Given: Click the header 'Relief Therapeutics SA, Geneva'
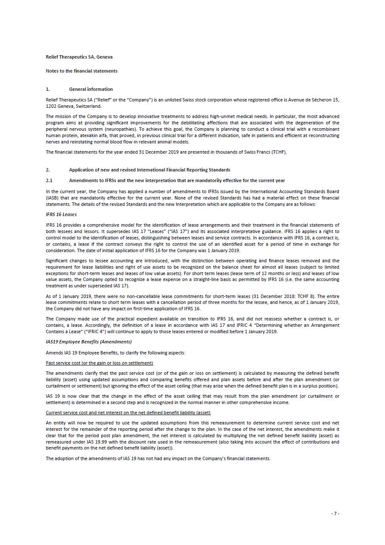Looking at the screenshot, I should tap(79, 57).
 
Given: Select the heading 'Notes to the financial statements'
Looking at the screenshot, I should tap(82, 71).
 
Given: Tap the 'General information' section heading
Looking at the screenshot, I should tap(91, 89).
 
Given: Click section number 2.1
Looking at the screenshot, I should tap(49, 180).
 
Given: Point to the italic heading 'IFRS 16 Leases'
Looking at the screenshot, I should tap(61, 214).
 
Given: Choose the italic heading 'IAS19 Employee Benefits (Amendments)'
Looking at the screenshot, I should tap(89, 342).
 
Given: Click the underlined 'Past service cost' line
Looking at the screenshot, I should tap(99, 363).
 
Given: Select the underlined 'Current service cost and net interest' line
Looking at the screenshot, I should tap(128, 413).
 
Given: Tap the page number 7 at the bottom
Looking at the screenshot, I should tap(335, 514).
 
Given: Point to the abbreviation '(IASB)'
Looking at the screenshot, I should tap(53, 198).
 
